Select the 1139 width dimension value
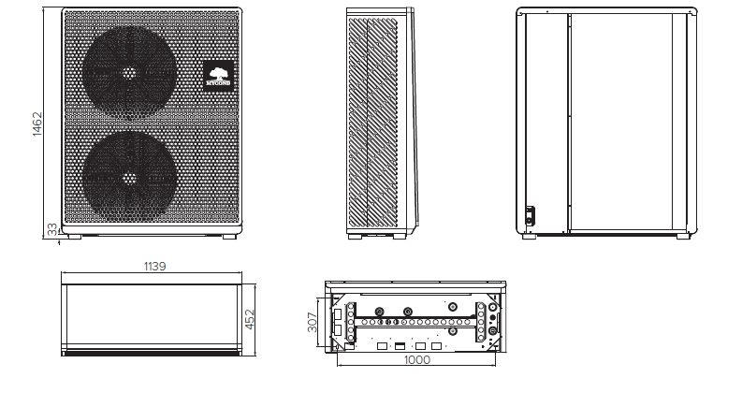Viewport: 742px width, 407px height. click(x=154, y=267)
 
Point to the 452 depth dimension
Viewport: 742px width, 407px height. click(x=250, y=319)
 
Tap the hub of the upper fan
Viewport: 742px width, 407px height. click(x=129, y=72)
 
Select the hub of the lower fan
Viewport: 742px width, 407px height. click(x=129, y=177)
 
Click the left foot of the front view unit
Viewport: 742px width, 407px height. click(x=73, y=235)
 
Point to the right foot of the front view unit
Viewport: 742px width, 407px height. click(x=229, y=235)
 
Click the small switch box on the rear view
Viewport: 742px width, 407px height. click(x=530, y=214)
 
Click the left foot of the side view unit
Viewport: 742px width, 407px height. click(x=355, y=236)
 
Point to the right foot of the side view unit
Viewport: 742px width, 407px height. click(x=399, y=236)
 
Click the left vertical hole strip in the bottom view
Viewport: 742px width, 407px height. click(x=351, y=322)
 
